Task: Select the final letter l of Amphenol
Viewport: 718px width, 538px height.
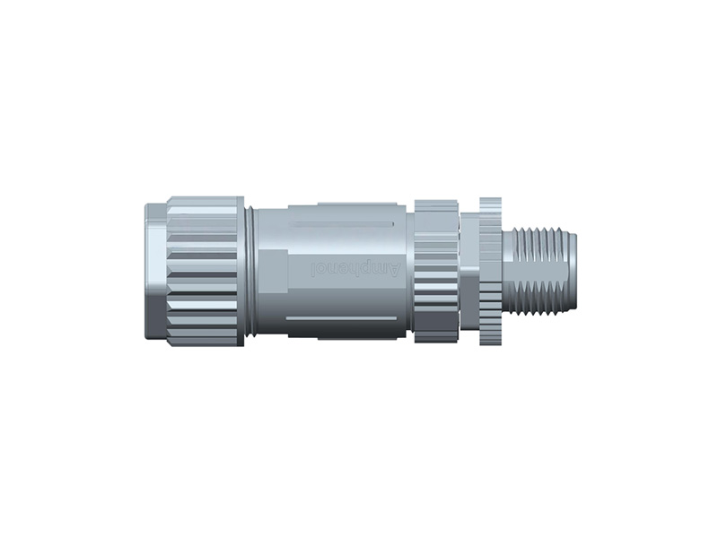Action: [312, 269]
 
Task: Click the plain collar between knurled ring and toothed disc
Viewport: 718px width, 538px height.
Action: [468, 270]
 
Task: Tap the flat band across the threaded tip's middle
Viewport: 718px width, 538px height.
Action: [538, 270]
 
